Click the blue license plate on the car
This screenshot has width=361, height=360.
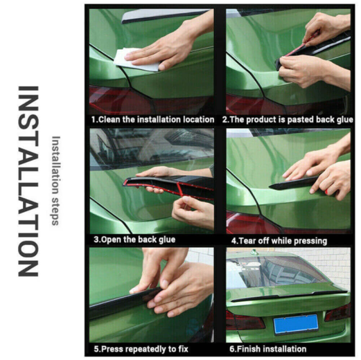tap(296, 324)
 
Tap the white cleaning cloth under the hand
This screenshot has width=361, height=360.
tap(134, 60)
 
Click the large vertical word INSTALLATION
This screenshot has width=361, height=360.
tap(28, 181)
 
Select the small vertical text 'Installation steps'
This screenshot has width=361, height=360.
tap(55, 181)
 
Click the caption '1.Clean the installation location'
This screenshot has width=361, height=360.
tap(152, 120)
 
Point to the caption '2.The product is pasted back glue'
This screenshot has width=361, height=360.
tap(288, 120)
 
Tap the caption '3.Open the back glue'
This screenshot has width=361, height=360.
tap(134, 240)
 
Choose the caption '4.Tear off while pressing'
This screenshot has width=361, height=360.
tap(279, 241)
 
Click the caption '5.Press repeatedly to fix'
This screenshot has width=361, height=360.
tap(141, 349)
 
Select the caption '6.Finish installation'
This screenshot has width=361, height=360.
tap(268, 349)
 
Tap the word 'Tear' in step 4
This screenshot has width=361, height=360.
tap(247, 241)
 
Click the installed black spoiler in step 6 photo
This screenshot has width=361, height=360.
tap(289, 296)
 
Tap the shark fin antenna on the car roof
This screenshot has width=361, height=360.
tap(254, 252)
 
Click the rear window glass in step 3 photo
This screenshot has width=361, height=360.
tap(151, 147)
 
